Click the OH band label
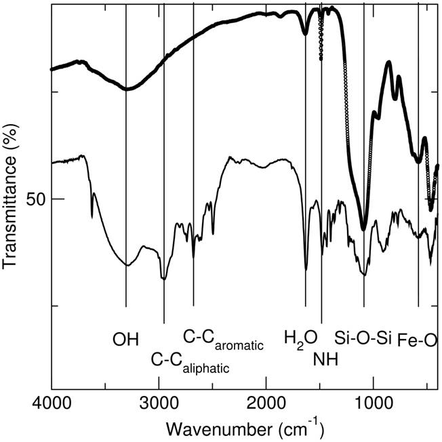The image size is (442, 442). pyautogui.click(x=125, y=340)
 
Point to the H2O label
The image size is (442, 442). pyautogui.click(x=300, y=340)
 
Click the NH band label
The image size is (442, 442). pyautogui.click(x=325, y=360)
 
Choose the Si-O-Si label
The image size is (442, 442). pyautogui.click(x=363, y=338)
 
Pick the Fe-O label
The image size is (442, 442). pyautogui.click(x=417, y=341)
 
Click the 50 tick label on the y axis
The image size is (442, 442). pyautogui.click(x=36, y=199)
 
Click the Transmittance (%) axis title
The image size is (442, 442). pyautogui.click(x=10, y=195)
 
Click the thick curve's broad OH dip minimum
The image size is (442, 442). pyautogui.click(x=127, y=89)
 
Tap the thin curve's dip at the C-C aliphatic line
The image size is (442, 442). pyautogui.click(x=164, y=279)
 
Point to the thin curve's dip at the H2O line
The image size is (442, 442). pyautogui.click(x=306, y=270)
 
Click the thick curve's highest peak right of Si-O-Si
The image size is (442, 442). pyautogui.click(x=389, y=62)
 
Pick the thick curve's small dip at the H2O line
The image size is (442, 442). pyautogui.click(x=305, y=34)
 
